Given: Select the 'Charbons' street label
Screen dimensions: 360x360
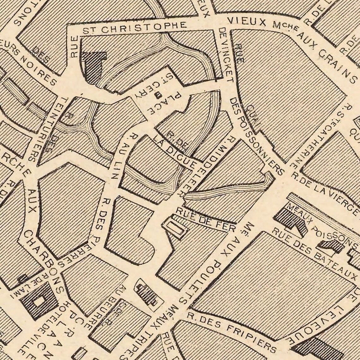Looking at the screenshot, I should click(x=44, y=259).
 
